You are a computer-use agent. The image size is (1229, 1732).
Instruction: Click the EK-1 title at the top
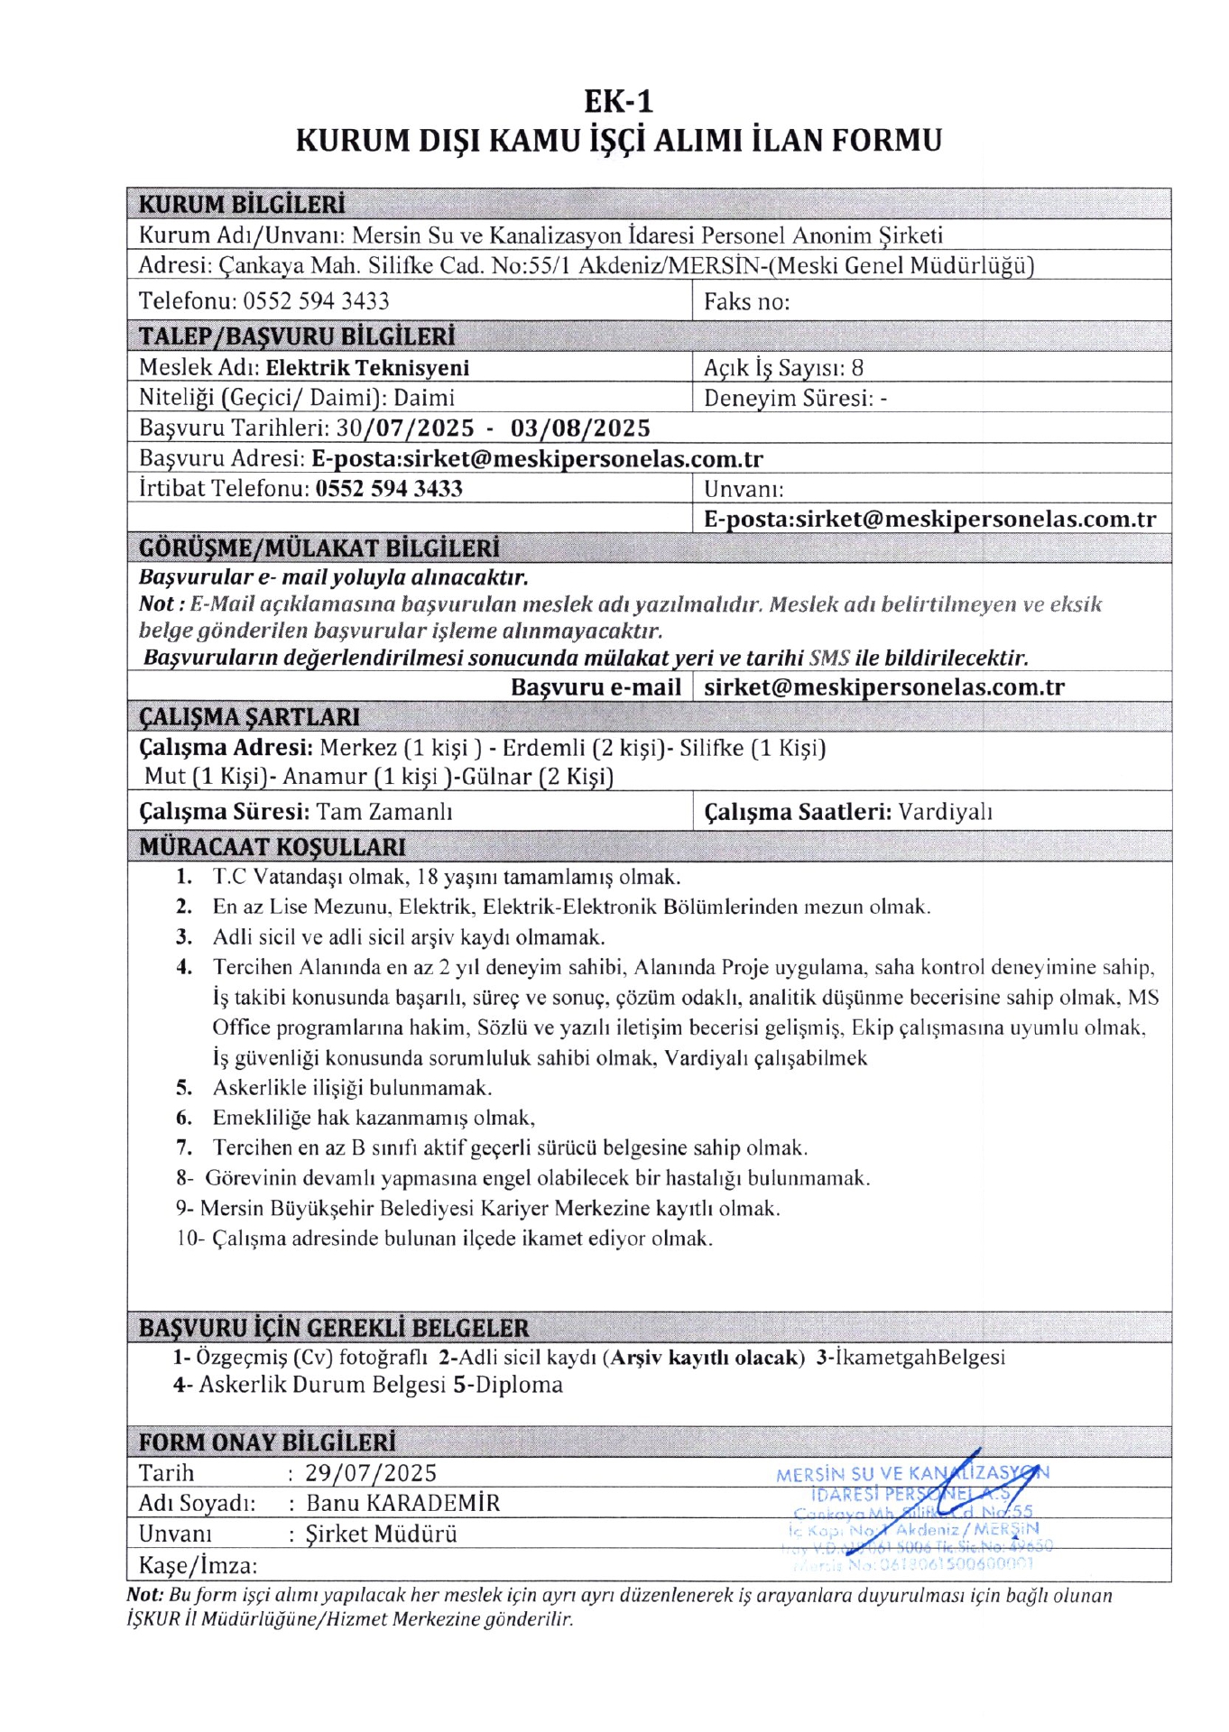(x=618, y=100)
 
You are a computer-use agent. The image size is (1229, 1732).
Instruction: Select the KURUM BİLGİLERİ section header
(x=242, y=204)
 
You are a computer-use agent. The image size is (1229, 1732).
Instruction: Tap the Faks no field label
(x=746, y=301)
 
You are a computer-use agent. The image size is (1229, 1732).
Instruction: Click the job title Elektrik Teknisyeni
(x=367, y=368)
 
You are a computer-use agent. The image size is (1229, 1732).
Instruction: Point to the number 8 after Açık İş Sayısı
(x=857, y=368)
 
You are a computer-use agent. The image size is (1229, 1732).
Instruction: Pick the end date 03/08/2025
(x=580, y=428)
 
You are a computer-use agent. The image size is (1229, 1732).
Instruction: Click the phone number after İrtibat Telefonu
(x=389, y=489)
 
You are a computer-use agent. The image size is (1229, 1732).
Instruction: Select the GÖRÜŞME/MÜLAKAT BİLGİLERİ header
(x=319, y=548)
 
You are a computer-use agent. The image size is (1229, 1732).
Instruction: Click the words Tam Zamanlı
(x=384, y=812)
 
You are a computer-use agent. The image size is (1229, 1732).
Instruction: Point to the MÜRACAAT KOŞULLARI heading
(x=272, y=847)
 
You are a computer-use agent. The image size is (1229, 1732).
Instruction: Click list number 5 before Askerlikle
(x=184, y=1088)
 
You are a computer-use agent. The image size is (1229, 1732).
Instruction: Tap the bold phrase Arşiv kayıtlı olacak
(x=706, y=1357)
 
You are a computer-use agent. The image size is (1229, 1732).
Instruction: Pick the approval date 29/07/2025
(x=371, y=1473)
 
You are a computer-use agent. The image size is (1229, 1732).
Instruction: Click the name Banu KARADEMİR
(x=402, y=1503)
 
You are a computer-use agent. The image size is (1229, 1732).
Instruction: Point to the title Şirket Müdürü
(x=382, y=1534)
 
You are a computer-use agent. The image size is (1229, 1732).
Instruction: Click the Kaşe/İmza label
(x=198, y=1565)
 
